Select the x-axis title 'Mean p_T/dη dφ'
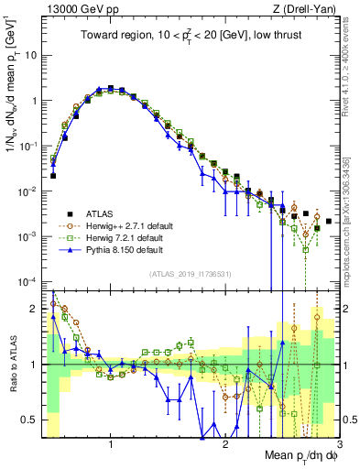[x=301, y=456]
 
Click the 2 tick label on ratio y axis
[x=35, y=309]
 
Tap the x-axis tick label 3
[x=339, y=444]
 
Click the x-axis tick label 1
[x=111, y=444]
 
